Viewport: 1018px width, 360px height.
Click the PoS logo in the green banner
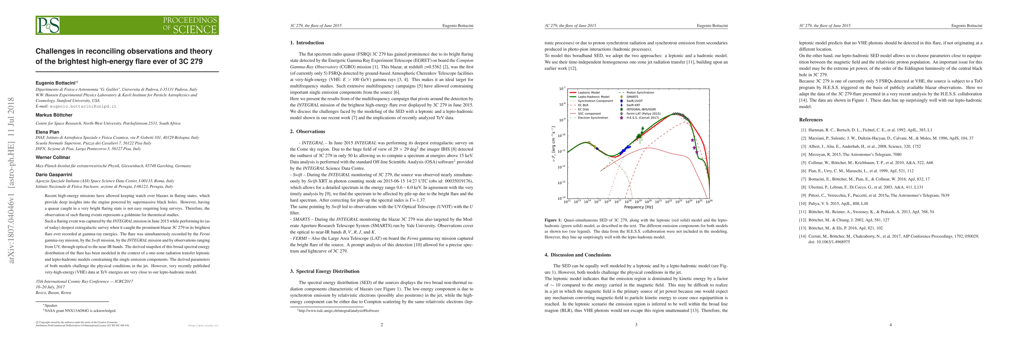pos(48,25)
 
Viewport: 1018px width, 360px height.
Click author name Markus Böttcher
pos(54,115)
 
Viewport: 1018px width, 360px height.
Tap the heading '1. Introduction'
pos(307,43)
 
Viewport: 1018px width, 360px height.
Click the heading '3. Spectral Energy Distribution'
pos(324,271)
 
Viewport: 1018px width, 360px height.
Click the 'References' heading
pos(811,120)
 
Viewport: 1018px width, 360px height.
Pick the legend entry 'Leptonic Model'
pos(589,92)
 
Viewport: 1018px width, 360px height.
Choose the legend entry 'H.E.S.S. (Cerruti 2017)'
pos(643,118)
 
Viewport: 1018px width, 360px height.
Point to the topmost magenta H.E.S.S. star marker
pos(692,140)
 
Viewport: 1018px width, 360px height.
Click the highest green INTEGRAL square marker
pos(643,128)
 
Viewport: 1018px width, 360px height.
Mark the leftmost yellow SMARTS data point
pos(589,142)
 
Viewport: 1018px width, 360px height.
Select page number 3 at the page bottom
pos(636,325)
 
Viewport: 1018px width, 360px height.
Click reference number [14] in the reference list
pos(803,236)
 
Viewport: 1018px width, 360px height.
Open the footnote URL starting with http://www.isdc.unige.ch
pos(339,310)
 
